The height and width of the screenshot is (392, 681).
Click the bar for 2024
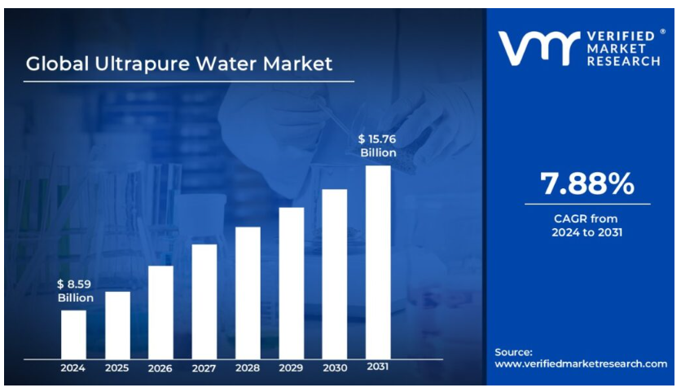(x=73, y=334)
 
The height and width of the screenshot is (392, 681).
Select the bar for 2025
(x=117, y=324)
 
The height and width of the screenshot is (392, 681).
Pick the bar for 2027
(x=204, y=301)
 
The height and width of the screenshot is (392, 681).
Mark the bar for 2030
(x=335, y=273)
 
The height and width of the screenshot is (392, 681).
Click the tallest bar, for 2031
(x=378, y=262)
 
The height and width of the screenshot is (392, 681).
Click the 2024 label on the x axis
(x=73, y=368)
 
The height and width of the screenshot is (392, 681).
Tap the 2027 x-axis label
(x=204, y=368)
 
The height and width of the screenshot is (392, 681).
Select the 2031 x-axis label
(x=378, y=367)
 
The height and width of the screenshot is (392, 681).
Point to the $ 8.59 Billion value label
(x=75, y=291)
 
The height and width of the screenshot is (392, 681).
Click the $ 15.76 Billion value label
(x=378, y=145)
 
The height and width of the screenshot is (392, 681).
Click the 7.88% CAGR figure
(x=587, y=184)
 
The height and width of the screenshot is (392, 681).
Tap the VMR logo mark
(x=538, y=48)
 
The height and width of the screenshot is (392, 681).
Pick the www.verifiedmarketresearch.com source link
(x=581, y=363)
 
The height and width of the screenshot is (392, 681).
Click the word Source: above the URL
(x=514, y=352)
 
